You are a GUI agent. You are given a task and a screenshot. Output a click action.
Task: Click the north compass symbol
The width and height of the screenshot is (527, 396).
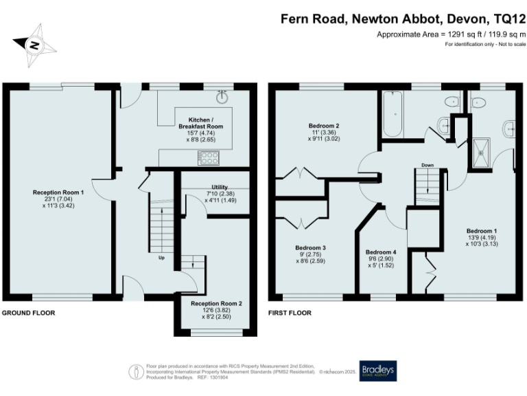(x=32, y=45)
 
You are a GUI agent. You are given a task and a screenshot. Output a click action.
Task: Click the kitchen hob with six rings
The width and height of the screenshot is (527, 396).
(x=209, y=157)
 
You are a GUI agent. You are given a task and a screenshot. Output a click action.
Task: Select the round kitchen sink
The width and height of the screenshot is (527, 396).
(x=222, y=98)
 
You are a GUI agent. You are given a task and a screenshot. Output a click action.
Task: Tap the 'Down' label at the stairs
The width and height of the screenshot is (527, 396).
(x=428, y=165)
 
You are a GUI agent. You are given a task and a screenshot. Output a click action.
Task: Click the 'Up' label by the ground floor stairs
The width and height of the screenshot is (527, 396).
(x=161, y=259)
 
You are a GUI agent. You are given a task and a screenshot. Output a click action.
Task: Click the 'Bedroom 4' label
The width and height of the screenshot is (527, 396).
(x=381, y=252)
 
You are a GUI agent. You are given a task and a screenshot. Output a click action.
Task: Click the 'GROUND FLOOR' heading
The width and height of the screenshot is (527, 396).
(x=28, y=313)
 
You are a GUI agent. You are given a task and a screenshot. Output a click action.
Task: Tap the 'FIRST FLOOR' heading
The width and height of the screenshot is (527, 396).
(x=290, y=313)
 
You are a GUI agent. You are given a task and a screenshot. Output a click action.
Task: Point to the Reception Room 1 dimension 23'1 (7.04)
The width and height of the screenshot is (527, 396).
(x=58, y=199)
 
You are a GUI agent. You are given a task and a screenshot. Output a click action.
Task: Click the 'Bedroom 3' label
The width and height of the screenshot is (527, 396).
(x=310, y=248)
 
